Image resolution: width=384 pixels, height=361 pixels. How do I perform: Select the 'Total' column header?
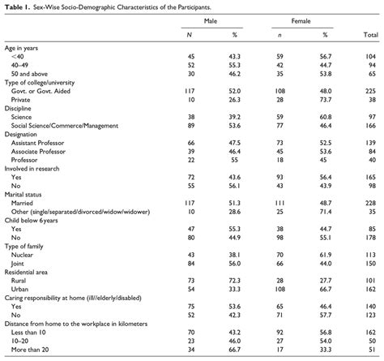[x=372, y=36]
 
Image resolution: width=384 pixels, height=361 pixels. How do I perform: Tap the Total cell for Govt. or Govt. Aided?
[x=372, y=91]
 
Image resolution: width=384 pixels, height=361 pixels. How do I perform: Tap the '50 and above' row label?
[x=31, y=74]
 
